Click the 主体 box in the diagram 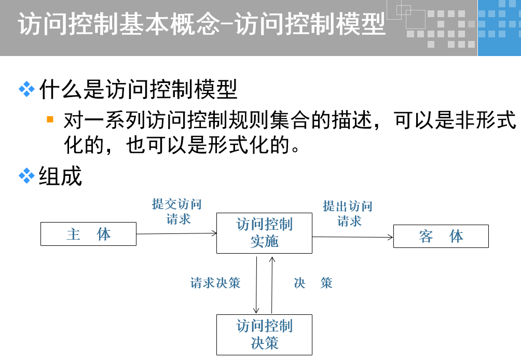click(x=88, y=234)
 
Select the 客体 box click(x=441, y=237)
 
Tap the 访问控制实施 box click(x=264, y=233)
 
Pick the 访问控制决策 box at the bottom click(x=264, y=335)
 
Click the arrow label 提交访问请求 click(x=176, y=212)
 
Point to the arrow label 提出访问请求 click(x=348, y=213)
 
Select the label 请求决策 click(x=215, y=283)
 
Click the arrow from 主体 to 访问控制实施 click(x=176, y=234)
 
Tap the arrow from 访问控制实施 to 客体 click(x=353, y=237)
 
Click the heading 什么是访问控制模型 click(x=139, y=90)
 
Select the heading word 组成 click(x=61, y=176)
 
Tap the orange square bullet click(x=50, y=119)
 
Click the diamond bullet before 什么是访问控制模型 click(x=26, y=89)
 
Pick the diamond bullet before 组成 click(x=26, y=176)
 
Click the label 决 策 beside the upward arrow click(x=312, y=283)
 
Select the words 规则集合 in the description click(x=251, y=121)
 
